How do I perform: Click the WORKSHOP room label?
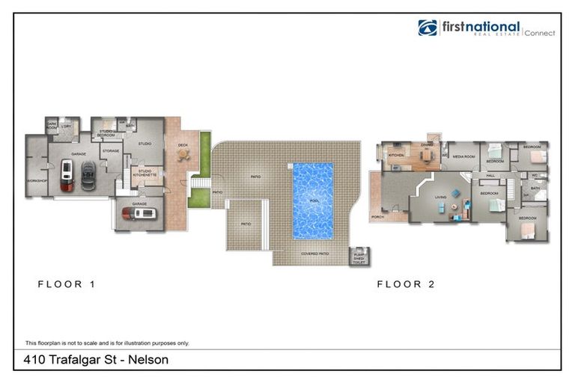pos(37,181)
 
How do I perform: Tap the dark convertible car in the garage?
pos(88,177)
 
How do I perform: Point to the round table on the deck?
pos(182,154)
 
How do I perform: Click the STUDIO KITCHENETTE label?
pos(144,173)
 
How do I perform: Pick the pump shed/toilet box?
pos(361,257)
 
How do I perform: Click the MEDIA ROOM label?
pos(464,156)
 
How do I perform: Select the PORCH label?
pos(377,217)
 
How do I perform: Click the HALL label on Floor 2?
pos(491,175)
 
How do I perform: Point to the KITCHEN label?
pos(396,156)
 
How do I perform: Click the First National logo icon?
pos(428,28)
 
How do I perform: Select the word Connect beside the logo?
pos(539,33)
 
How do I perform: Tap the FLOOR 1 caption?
pos(66,284)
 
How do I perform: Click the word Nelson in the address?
pos(149,360)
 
